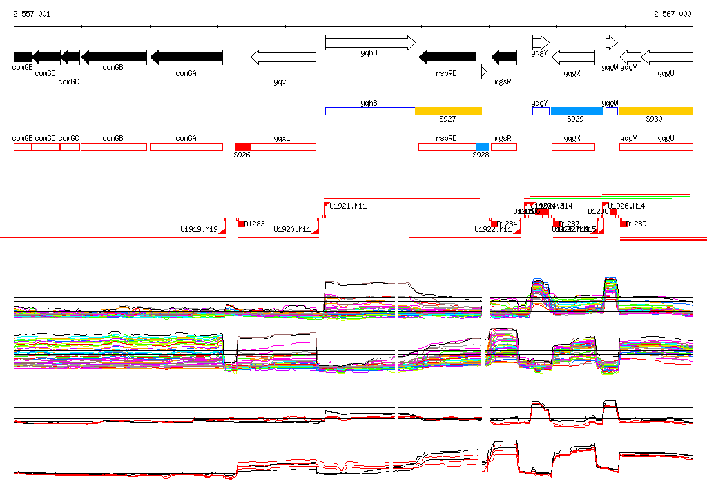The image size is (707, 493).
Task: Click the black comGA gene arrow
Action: [x=186, y=57]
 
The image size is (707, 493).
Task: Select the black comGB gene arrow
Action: [x=114, y=57]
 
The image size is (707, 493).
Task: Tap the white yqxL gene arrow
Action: [x=283, y=57]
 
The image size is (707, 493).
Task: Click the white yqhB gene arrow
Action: [x=370, y=43]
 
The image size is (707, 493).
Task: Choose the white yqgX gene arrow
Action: [x=574, y=57]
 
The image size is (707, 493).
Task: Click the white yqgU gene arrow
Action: [x=666, y=57]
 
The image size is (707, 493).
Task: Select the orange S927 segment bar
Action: [x=448, y=111]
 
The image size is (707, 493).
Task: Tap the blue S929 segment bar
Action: [x=577, y=111]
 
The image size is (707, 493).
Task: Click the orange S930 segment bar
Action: [x=655, y=111]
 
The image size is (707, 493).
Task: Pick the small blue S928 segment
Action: [x=482, y=146]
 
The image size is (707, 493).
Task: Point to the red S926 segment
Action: [x=242, y=146]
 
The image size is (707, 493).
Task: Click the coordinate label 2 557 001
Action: [x=32, y=14]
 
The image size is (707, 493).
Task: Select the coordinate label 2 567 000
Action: [x=672, y=14]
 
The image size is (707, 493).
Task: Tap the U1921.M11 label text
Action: [x=348, y=206]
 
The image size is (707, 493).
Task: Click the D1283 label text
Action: [x=255, y=224]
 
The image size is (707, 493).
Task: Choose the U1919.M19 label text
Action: [x=199, y=230]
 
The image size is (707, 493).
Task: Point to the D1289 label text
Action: [x=637, y=224]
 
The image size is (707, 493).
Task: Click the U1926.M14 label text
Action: [x=627, y=206]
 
